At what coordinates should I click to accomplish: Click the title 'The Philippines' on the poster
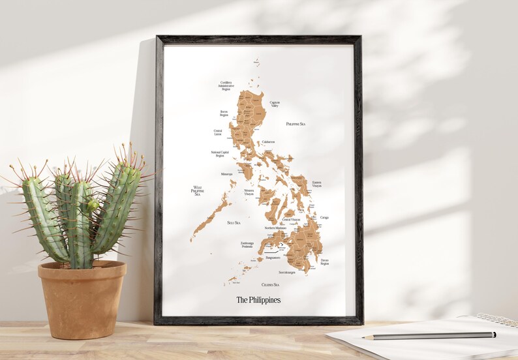click(258, 300)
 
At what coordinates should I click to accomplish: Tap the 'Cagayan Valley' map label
click(275, 104)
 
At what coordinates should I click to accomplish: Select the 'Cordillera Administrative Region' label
click(226, 85)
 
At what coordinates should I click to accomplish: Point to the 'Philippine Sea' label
click(296, 123)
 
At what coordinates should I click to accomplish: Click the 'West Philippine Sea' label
click(197, 190)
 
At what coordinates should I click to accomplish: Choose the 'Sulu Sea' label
click(234, 223)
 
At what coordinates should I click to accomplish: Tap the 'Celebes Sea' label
click(270, 284)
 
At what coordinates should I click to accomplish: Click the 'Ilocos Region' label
click(224, 113)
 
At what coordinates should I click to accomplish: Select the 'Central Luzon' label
click(218, 132)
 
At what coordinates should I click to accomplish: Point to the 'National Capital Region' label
click(219, 154)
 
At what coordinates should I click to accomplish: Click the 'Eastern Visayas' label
click(317, 185)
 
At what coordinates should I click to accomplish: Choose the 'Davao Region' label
click(324, 262)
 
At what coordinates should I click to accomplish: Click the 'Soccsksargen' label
click(287, 272)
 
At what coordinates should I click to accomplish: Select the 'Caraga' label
click(324, 218)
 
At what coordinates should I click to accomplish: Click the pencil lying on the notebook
click(431, 335)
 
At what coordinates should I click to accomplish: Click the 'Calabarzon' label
click(268, 142)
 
